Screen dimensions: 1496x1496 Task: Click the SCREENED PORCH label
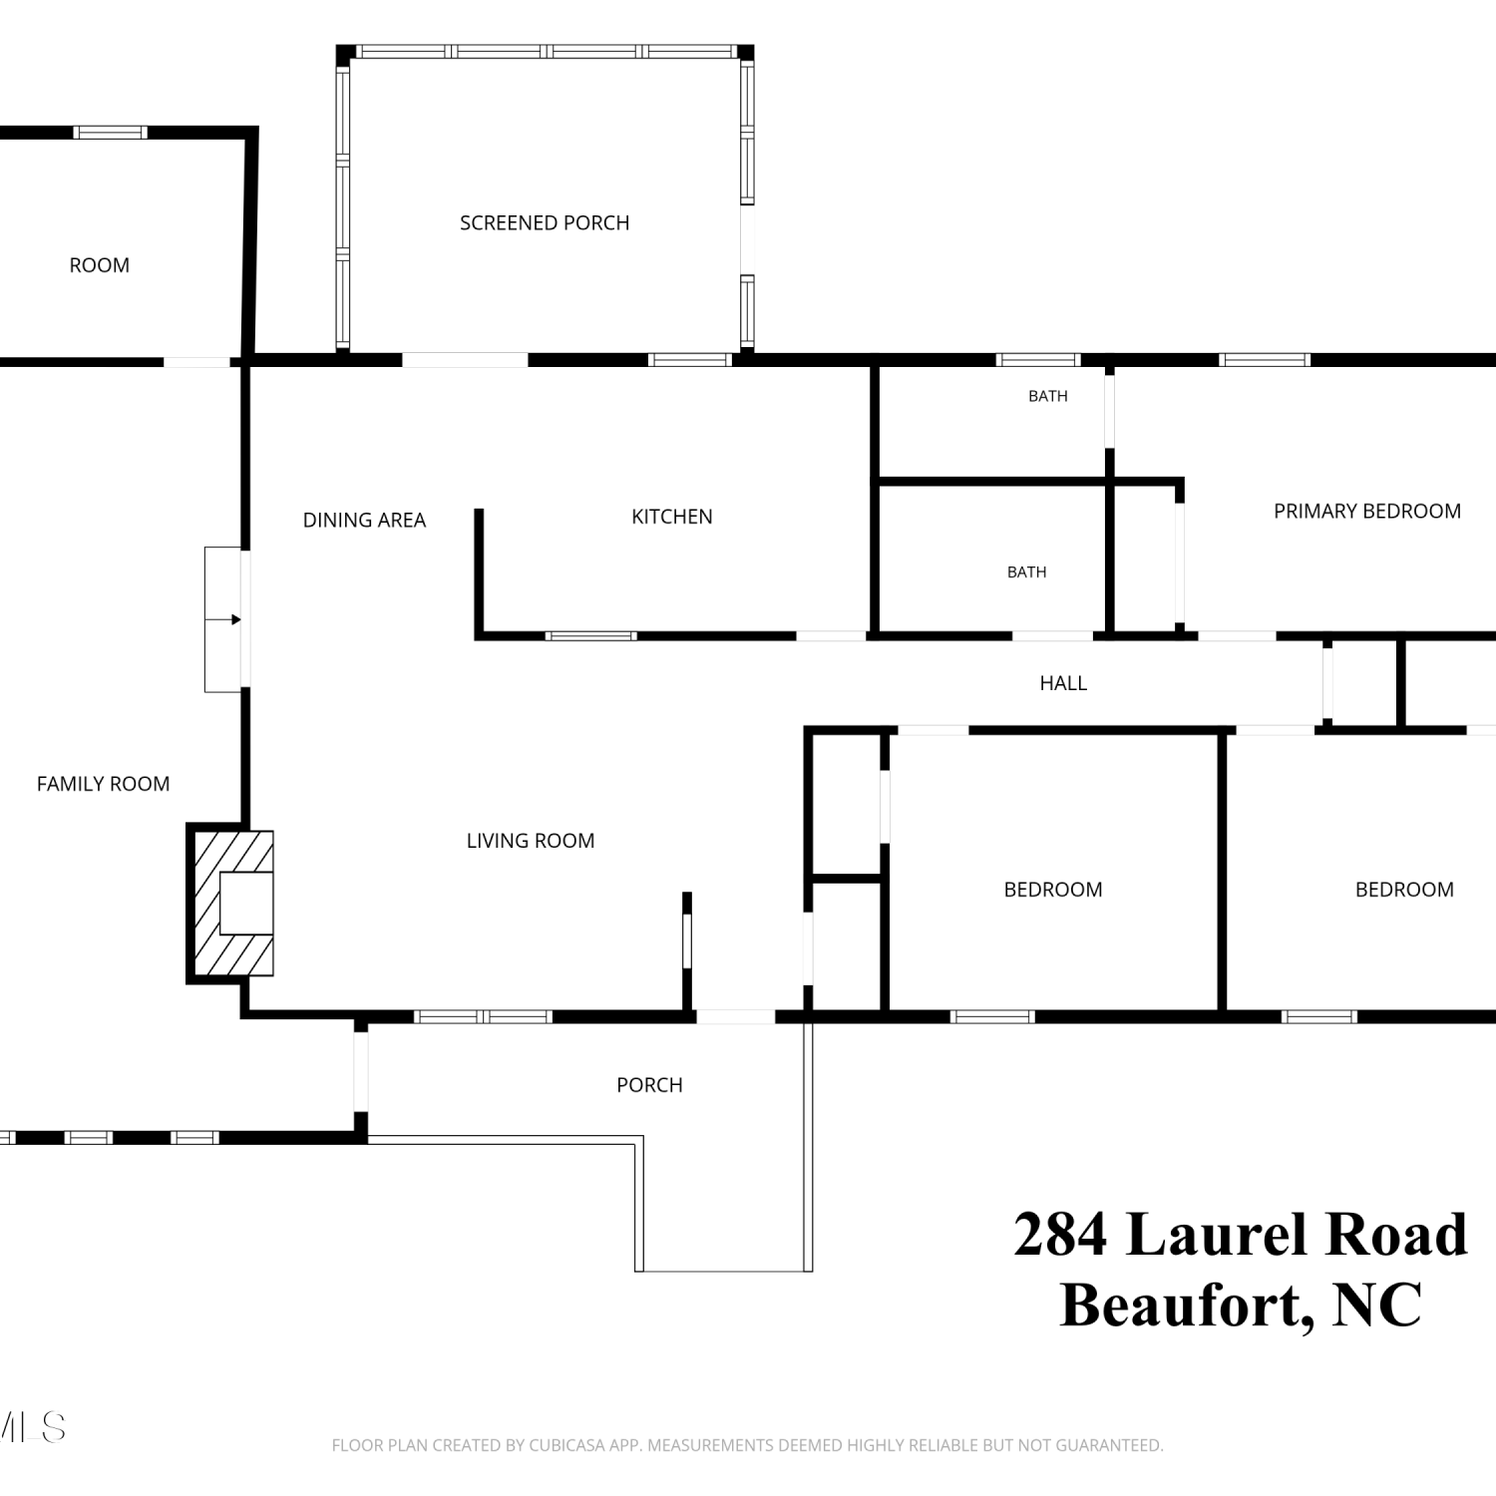[545, 222]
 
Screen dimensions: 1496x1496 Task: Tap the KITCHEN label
[672, 517]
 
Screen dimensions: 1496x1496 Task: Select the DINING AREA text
[364, 520]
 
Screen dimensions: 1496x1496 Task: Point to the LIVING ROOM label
[531, 841]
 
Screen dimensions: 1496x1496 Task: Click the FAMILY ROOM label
[104, 784]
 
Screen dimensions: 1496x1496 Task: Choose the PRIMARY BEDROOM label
[1367, 511]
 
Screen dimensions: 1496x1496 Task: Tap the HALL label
[1063, 683]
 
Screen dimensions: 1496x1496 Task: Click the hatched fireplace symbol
[231, 903]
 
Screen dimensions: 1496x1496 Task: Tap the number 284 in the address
[1060, 1234]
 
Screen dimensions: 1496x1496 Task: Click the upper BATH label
[1048, 396]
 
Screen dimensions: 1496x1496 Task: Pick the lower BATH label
[1027, 571]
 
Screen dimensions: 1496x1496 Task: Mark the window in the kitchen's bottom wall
[591, 635]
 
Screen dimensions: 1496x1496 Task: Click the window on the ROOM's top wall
[111, 133]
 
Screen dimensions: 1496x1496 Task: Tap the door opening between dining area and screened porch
[465, 360]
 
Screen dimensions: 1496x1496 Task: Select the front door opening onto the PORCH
[735, 1016]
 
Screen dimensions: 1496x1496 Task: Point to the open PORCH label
[649, 1085]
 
